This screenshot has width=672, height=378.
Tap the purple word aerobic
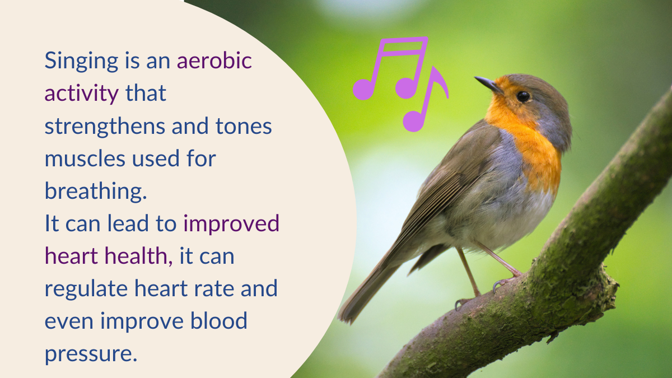(214, 60)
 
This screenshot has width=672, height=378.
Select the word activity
(82, 94)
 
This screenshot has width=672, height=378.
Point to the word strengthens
(105, 127)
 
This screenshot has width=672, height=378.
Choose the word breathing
(96, 192)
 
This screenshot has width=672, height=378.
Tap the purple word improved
(231, 224)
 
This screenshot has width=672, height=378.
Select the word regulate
(86, 289)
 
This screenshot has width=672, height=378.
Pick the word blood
(219, 321)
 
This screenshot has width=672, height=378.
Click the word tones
(244, 127)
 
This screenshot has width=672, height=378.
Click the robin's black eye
(523, 96)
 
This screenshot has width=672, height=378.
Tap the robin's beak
(488, 83)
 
